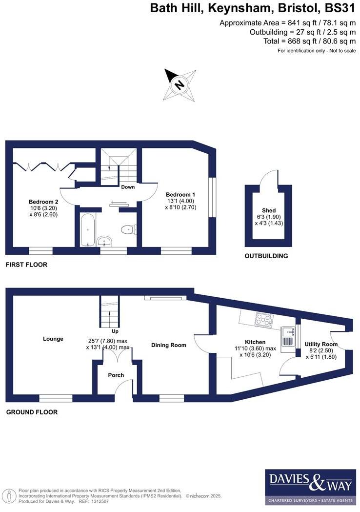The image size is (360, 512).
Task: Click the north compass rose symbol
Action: coord(180,85)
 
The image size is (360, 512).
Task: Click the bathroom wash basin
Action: coord(104,240)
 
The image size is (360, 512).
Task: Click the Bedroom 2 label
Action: coord(43,202)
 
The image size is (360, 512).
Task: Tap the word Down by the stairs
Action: coord(128,187)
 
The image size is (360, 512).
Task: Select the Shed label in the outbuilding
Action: coord(269,211)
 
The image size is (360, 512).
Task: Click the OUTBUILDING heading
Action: coord(266,256)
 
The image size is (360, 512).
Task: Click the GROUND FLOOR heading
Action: coord(32,412)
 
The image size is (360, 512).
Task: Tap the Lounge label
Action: coord(53,339)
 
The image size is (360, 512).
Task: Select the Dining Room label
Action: coord(168,345)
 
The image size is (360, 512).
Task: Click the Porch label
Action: coord(116,375)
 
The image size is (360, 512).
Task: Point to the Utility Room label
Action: coord(321,344)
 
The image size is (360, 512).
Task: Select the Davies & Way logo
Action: coord(310,487)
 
